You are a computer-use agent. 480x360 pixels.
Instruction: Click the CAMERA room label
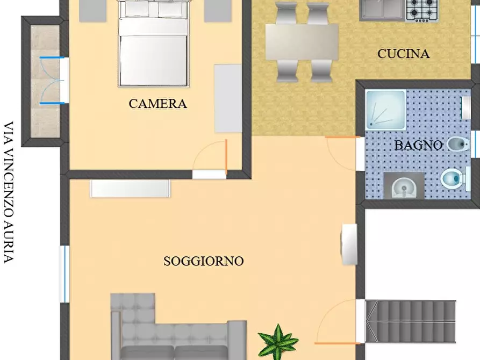[157, 104]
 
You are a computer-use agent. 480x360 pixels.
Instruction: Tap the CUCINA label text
[403, 54]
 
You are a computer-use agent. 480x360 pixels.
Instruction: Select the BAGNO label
[418, 145]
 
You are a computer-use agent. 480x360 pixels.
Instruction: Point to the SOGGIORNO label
[203, 262]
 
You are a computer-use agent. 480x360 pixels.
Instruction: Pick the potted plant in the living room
[277, 341]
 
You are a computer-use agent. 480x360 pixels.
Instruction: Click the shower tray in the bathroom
[385, 110]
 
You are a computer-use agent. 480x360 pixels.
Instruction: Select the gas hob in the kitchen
[421, 10]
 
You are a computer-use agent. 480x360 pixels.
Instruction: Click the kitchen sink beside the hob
[382, 9]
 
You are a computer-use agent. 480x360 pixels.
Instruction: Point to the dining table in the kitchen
[302, 42]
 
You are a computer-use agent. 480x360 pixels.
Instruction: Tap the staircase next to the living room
[411, 321]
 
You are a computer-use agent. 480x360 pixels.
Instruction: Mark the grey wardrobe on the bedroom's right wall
[228, 98]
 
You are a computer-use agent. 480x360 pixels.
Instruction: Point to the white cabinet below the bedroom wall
[130, 189]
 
